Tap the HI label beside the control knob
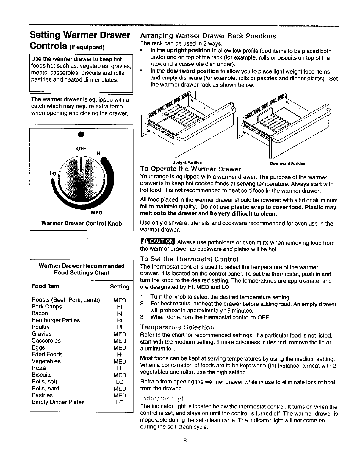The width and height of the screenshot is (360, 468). [99, 153]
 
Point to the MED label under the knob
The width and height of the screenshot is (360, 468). [96, 213]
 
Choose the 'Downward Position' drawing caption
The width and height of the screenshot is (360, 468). [288, 163]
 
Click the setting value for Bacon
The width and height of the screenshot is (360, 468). [120, 313]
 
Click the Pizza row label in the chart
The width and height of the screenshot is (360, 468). [39, 368]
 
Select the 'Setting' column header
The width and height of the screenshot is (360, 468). [120, 286]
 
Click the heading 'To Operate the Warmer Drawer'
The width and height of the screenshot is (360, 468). [190, 169]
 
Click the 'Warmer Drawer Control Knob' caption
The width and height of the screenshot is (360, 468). [81, 223]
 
